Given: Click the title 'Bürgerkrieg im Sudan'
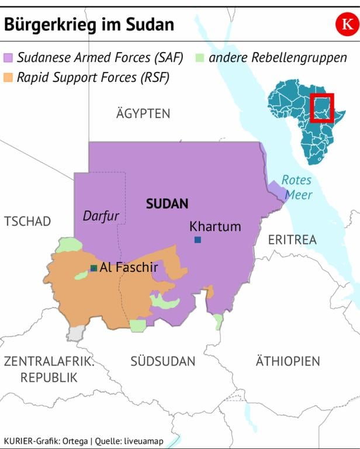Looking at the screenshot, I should click(89, 24).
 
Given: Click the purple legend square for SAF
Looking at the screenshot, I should click(9, 58).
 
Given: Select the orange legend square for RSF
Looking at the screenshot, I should click(9, 77).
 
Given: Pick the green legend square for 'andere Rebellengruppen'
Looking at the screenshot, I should click(200, 58).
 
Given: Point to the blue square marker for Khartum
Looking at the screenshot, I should click(198, 240).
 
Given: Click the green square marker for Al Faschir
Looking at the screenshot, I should click(94, 268).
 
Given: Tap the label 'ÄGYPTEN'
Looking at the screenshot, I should click(143, 113).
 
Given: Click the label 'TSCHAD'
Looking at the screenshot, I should click(27, 222).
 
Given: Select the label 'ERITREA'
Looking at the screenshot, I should click(292, 240).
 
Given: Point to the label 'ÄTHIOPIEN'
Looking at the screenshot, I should click(288, 361).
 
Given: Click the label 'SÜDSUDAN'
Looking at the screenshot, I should click(162, 361).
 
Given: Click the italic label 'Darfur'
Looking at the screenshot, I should click(101, 216).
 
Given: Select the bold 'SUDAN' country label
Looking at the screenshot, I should click(167, 204).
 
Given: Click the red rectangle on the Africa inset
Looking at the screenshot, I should click(322, 108).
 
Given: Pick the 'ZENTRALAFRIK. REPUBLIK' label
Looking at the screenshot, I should click(49, 369).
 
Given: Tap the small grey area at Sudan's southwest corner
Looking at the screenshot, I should click(75, 333).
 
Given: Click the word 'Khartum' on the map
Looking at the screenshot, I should click(215, 226).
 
